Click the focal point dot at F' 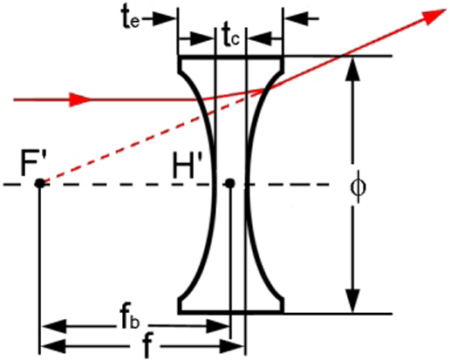40,183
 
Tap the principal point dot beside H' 230,183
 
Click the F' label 34,165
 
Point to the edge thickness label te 131,17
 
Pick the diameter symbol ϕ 358,187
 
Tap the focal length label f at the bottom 147,346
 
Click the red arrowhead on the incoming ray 80,99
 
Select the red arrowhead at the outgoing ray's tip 435,16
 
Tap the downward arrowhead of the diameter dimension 353,301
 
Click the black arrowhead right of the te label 164,19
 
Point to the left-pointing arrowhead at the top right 296,18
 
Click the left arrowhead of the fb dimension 54,326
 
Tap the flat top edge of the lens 230,57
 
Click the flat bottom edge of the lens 230,312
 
